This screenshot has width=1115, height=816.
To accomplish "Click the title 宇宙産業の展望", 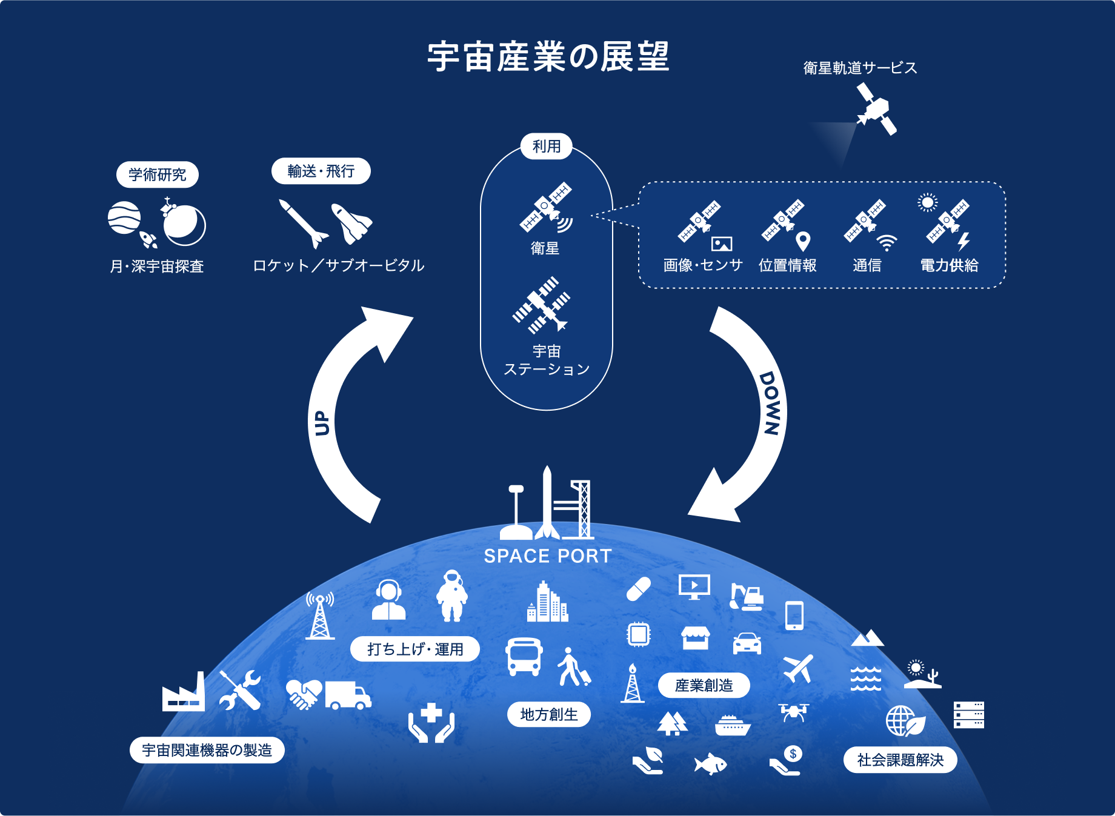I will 548,57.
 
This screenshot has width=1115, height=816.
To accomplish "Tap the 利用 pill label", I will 547,146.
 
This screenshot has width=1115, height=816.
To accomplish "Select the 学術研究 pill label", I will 158,174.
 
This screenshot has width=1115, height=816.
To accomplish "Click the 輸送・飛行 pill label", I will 321,171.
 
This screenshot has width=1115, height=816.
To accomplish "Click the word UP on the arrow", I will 322,423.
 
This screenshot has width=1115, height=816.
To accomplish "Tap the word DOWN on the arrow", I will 771,403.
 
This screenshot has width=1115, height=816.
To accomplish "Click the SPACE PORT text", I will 548,556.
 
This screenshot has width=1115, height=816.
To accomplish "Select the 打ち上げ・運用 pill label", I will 415,649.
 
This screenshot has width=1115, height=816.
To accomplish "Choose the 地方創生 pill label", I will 549,714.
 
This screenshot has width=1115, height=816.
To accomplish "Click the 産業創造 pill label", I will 704,685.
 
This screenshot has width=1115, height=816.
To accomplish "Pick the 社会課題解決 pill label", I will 900,760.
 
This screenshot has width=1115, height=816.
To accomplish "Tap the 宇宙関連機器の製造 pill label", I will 207,750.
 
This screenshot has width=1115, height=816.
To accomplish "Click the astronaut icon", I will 452,595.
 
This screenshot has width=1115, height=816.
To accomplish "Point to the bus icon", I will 524,657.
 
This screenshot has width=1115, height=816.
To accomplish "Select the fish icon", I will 710,763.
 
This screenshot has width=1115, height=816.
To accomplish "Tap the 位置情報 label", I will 788,265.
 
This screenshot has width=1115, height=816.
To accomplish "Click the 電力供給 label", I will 949,265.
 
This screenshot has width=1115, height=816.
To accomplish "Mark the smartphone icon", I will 794,615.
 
